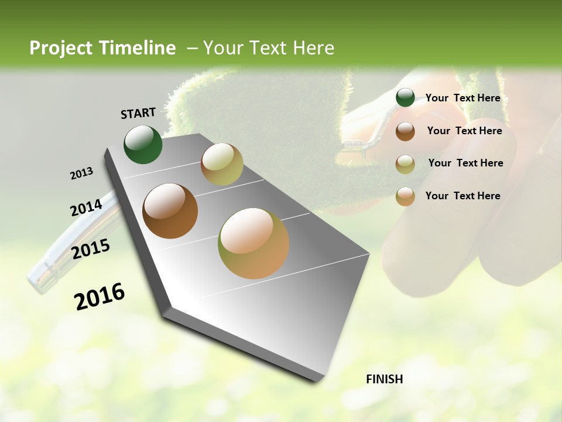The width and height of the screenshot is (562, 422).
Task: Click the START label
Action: [x=138, y=113]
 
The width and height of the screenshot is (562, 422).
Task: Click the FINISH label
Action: [x=384, y=379]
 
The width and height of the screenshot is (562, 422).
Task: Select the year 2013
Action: [x=81, y=173]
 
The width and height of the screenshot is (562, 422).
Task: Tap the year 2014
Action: [x=86, y=207]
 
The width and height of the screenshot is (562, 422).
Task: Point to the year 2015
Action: [x=91, y=249]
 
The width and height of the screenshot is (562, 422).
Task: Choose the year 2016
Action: [x=100, y=297]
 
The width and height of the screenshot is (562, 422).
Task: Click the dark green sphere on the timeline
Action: [x=143, y=144]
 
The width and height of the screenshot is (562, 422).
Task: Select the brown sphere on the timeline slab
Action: [x=170, y=211]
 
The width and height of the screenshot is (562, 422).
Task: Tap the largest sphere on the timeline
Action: [x=253, y=243]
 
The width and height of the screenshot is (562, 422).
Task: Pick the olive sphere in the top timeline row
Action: [x=222, y=164]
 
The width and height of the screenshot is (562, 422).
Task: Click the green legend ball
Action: [x=405, y=98]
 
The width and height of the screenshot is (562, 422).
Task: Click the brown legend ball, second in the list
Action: [x=405, y=131]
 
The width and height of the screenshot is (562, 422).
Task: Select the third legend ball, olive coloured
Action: [x=405, y=164]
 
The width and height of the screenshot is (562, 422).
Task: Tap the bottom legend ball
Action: [x=405, y=196]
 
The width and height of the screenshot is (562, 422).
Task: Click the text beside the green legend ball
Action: [x=462, y=98]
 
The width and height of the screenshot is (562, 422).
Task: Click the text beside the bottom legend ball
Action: [x=462, y=196]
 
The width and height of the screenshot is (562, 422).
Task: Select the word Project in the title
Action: [x=59, y=48]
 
